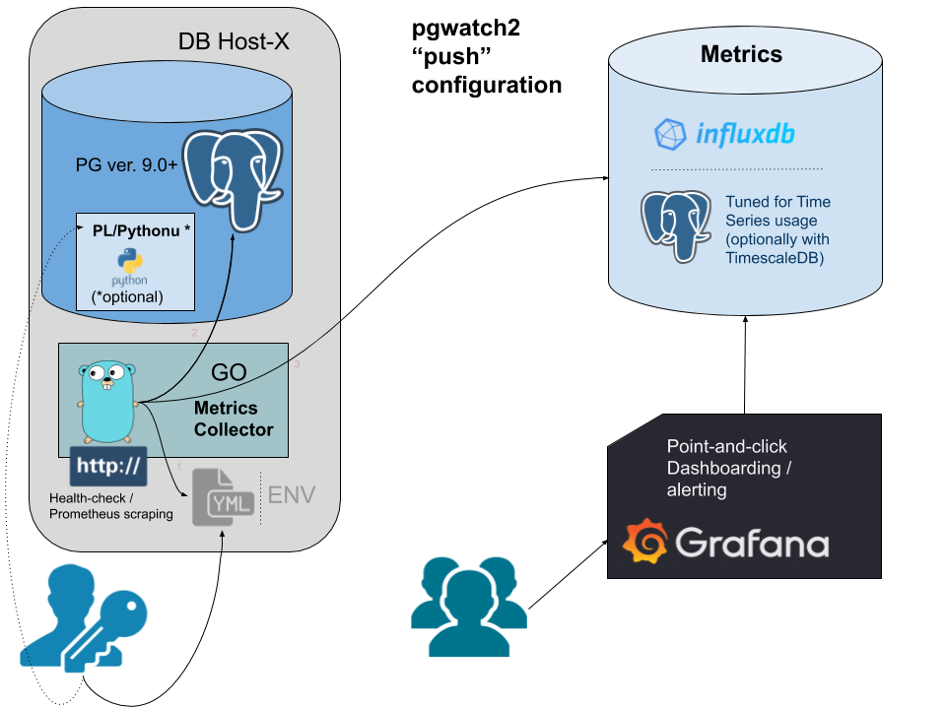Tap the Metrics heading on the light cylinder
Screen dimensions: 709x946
[x=741, y=54]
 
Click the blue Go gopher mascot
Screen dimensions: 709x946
[x=106, y=403]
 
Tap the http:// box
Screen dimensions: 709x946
[x=108, y=465]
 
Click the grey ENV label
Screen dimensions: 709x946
[x=292, y=494]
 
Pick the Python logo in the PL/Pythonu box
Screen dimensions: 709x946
[x=129, y=263]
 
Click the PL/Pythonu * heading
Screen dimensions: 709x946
[x=141, y=230]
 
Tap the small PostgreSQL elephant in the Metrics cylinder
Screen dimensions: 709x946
[x=676, y=226]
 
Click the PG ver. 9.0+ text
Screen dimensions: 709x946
[x=126, y=164]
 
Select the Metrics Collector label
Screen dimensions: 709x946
[x=234, y=419]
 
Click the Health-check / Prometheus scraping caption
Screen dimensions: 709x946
[x=110, y=506]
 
